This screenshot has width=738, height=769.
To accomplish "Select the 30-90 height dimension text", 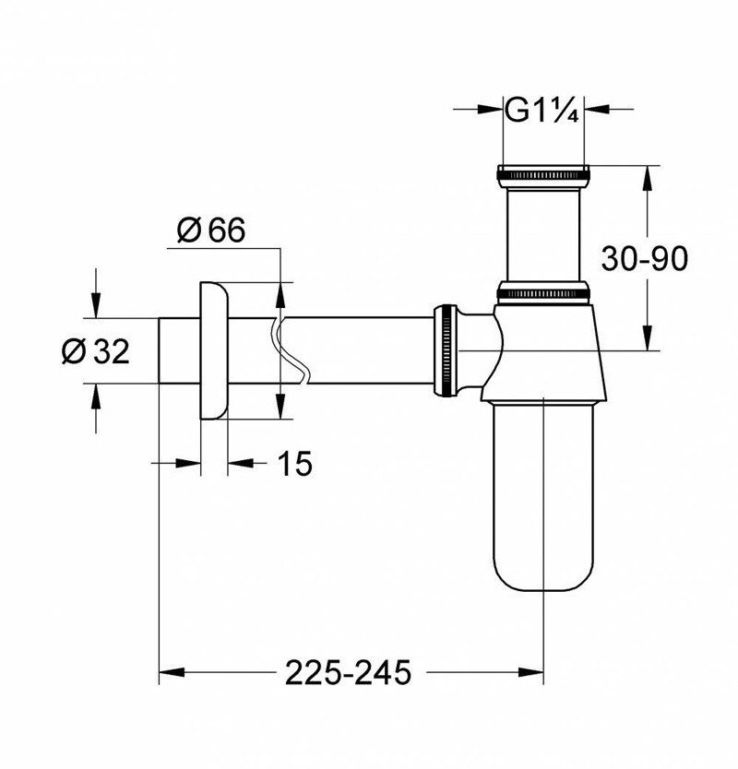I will click(x=645, y=259).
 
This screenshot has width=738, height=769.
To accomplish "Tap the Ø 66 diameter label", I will click(x=209, y=231).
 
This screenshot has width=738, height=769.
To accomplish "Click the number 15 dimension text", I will click(x=293, y=464).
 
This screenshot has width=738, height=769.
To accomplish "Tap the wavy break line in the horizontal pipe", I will click(x=294, y=351).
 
